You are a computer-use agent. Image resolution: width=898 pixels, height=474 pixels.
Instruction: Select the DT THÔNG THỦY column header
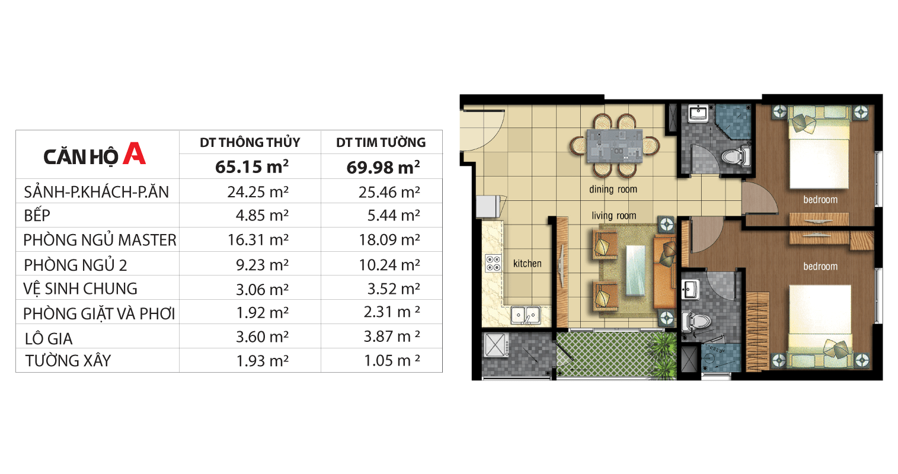coord(250,142)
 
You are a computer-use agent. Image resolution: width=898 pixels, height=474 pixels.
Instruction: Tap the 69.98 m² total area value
coord(383,167)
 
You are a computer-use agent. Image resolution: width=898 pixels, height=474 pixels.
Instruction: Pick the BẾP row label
coord(37,215)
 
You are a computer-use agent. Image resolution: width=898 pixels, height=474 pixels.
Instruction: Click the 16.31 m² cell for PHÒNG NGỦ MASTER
coord(258,239)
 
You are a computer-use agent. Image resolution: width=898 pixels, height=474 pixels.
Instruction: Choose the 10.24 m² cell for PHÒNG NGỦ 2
coord(389,265)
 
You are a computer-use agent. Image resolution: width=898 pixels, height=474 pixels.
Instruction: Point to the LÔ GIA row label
coord(49,338)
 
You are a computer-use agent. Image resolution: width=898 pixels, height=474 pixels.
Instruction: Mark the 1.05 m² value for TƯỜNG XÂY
coord(392,360)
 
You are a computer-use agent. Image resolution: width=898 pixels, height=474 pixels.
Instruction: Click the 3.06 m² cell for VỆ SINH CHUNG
coord(262,289)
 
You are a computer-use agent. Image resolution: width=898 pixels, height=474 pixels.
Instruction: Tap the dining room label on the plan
coord(613,190)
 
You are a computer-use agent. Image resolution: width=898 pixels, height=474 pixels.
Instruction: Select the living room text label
coord(613,216)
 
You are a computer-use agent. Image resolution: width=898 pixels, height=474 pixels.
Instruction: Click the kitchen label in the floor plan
coord(527,264)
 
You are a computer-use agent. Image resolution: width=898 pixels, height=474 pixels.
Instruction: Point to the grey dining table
coord(615,146)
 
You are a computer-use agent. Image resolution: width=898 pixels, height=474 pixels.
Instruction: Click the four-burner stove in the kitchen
coord(493,263)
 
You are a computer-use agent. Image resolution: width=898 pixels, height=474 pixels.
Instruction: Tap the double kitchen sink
coord(526,315)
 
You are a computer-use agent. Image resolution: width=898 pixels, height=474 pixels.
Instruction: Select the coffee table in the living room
coord(636,271)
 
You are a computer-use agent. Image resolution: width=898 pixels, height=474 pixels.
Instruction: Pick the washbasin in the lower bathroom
coord(691,289)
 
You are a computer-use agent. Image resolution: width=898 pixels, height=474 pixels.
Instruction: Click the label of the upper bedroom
coord(820,200)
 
